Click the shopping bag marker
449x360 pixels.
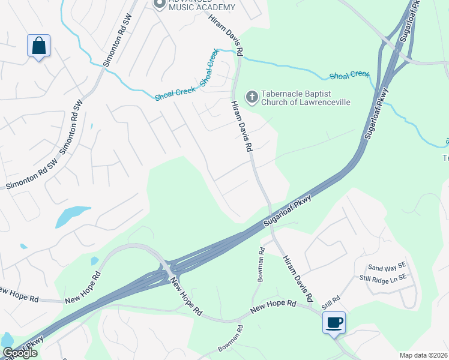(x=38, y=46)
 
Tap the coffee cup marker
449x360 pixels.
(x=334, y=323)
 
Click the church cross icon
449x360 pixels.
(x=252, y=96)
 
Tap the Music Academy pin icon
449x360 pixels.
(x=160, y=4)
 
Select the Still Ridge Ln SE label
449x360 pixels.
(x=382, y=277)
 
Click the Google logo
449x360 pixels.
(x=20, y=353)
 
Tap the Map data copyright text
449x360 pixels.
(x=424, y=355)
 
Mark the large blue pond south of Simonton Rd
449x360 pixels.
(x=73, y=215)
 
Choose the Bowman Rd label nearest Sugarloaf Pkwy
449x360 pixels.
(x=261, y=264)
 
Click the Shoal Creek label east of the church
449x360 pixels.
(x=349, y=75)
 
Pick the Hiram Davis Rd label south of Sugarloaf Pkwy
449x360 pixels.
(x=298, y=278)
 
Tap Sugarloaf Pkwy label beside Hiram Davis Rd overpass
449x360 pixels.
(x=288, y=211)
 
